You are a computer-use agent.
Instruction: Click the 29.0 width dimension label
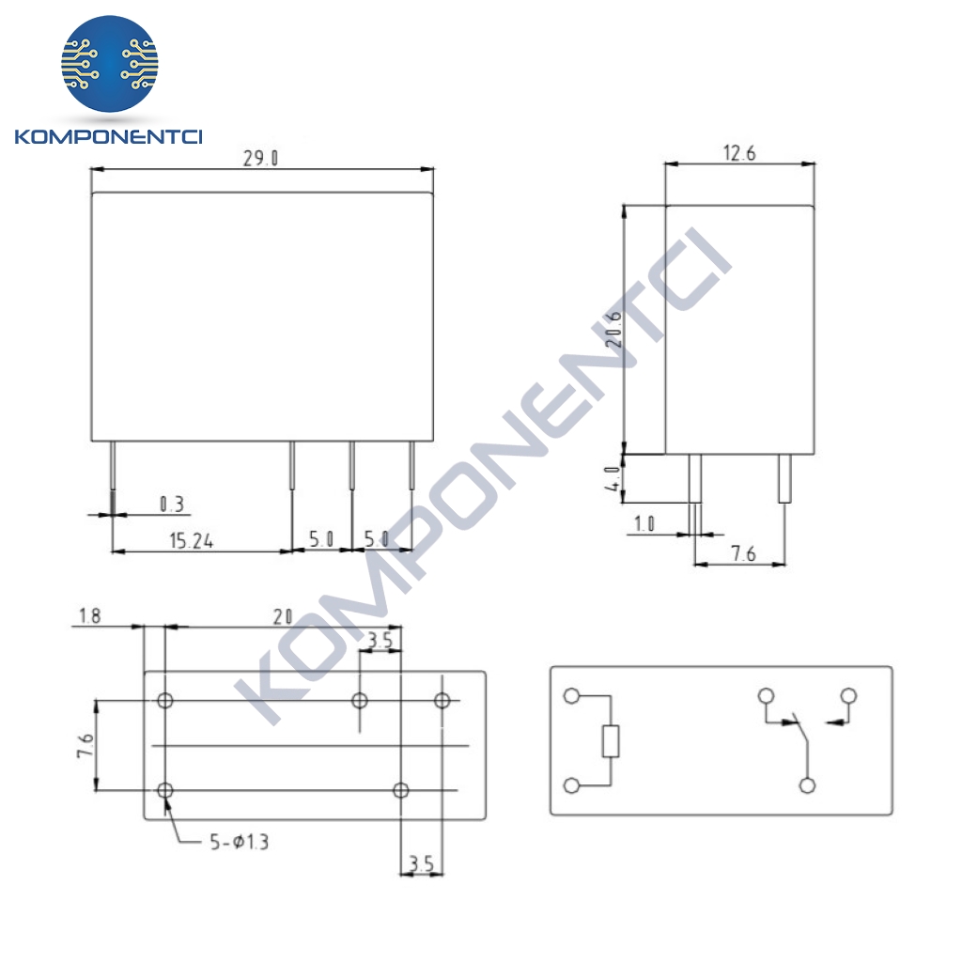pos(260,158)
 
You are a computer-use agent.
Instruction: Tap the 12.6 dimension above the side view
pos(739,153)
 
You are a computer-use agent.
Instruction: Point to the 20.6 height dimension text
pos(613,329)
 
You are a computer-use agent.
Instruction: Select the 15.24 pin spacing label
pos(192,540)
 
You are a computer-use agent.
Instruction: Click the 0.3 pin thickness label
pos(172,504)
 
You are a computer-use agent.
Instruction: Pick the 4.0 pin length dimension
pos(612,478)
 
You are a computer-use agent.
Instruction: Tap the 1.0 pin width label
pos(644,524)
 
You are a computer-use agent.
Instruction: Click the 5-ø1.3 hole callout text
pos(240,842)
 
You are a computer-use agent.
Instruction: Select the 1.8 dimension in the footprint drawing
pos(89,615)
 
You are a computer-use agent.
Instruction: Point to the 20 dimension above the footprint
pos(282,616)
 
